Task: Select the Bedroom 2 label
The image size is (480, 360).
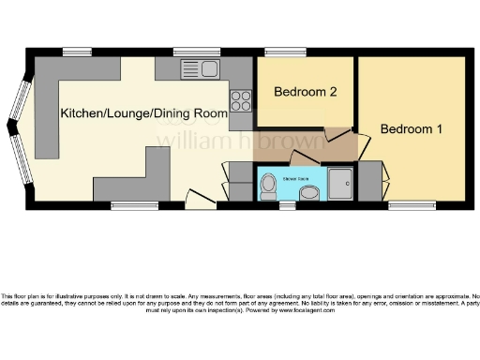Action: [x=305, y=93]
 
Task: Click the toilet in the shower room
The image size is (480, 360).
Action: [x=268, y=187]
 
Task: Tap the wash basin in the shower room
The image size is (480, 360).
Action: [x=307, y=193]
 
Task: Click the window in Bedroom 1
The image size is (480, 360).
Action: [x=404, y=203]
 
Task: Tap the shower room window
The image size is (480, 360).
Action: [x=286, y=203]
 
